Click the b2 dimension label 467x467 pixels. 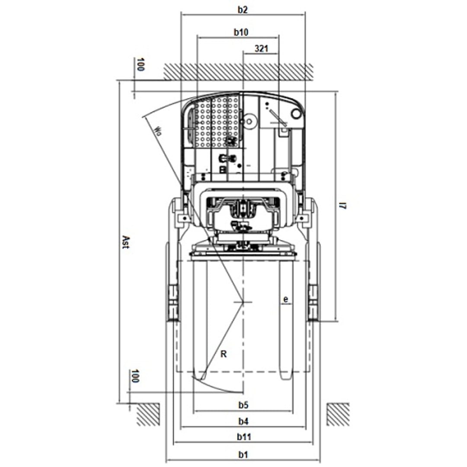243,10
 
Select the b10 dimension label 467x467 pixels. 241,32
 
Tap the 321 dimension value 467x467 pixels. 261,48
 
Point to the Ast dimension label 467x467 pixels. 126,242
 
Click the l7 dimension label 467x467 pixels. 343,205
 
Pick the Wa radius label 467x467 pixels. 158,131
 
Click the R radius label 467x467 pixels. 224,354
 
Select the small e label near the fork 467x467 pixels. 286,299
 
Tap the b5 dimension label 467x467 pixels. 243,405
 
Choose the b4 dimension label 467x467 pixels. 243,421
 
